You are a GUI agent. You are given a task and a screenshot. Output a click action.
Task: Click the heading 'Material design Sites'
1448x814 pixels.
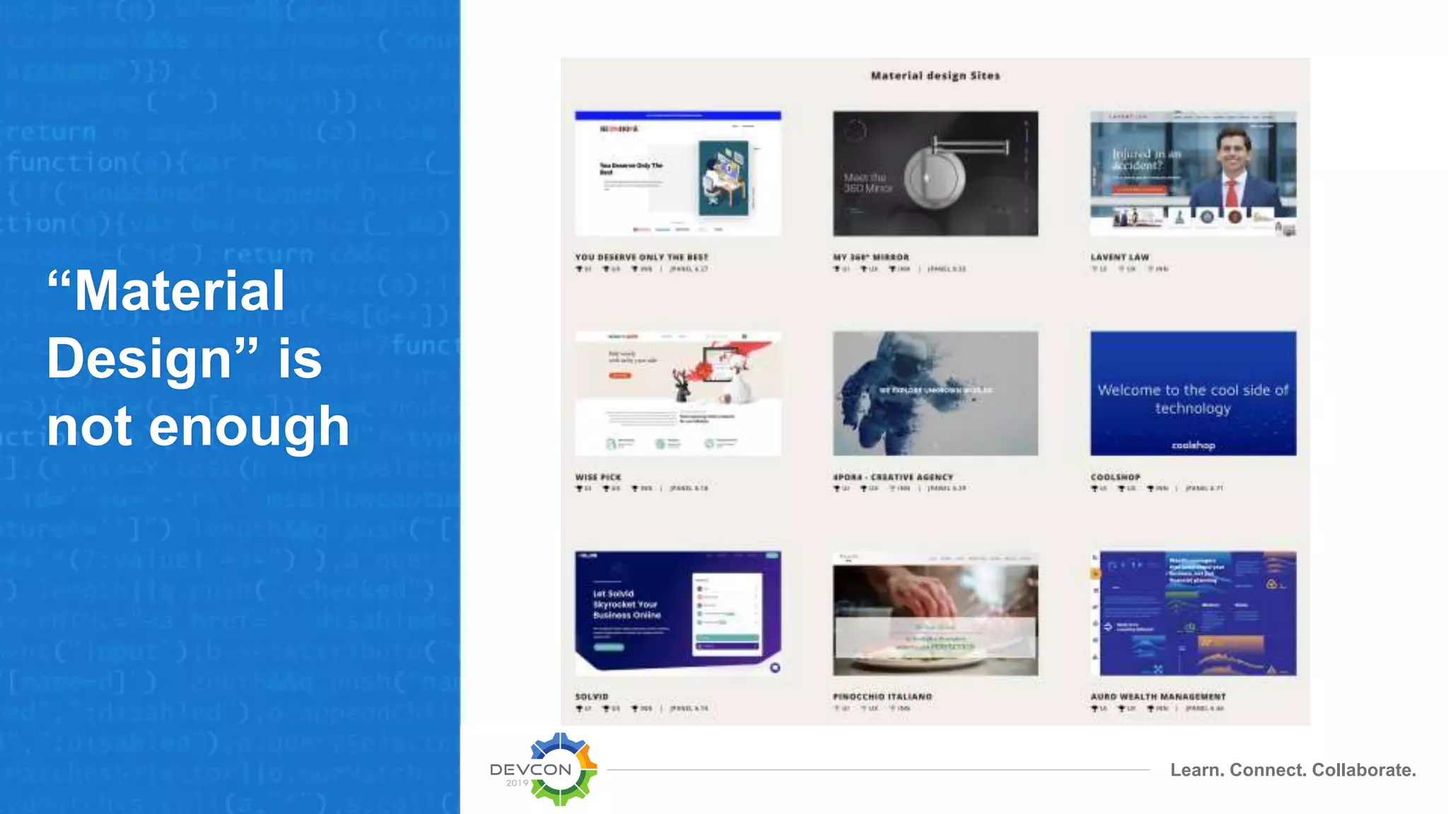(x=935, y=76)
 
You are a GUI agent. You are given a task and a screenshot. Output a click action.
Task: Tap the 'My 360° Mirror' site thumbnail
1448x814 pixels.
(x=935, y=173)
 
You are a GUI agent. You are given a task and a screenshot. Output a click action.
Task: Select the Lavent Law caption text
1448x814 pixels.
(x=1119, y=257)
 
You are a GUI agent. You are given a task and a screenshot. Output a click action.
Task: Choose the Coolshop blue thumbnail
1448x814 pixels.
(x=1193, y=393)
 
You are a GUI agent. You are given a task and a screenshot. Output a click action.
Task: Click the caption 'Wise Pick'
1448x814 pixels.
(x=598, y=477)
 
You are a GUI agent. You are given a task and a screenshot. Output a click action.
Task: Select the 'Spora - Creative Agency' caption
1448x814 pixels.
(x=892, y=477)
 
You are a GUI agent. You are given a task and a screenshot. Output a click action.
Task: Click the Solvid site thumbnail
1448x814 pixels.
(x=677, y=613)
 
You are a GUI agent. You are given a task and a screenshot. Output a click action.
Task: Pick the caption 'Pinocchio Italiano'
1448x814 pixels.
(x=882, y=697)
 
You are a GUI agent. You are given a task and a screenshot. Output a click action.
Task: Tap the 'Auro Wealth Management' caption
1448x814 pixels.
(x=1157, y=697)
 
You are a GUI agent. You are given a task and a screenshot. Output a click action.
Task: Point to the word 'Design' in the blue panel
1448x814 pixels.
(x=139, y=358)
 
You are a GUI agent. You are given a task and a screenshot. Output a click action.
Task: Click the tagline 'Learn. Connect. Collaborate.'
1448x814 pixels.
(x=1292, y=769)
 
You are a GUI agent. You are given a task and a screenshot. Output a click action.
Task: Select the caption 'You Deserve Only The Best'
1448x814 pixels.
(x=641, y=257)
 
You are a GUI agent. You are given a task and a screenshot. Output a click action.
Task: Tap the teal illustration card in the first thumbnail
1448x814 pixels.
(x=723, y=177)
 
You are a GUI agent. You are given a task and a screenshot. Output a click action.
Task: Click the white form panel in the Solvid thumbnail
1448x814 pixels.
(x=727, y=614)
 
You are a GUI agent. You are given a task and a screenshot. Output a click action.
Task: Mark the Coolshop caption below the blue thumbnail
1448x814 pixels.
(x=1115, y=477)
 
